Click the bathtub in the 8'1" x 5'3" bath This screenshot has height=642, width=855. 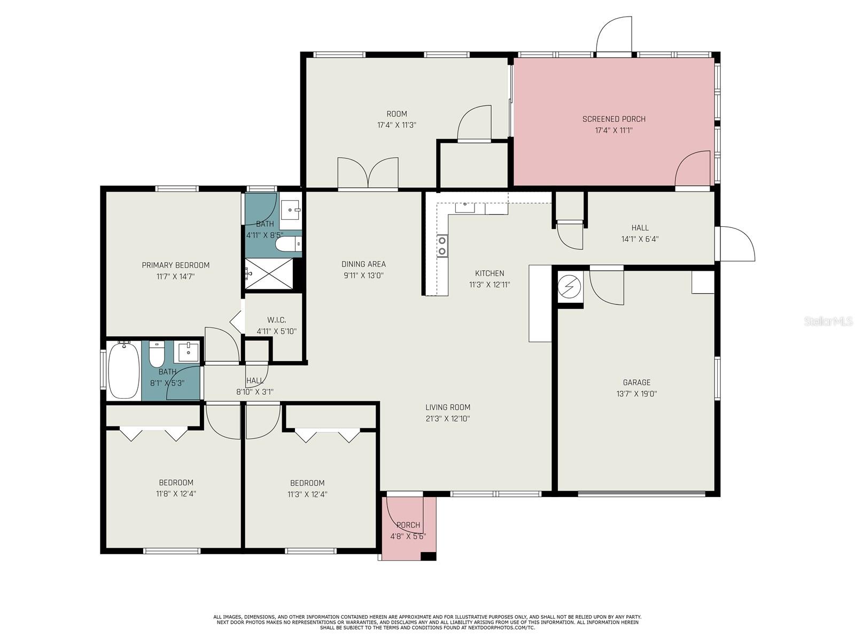124,370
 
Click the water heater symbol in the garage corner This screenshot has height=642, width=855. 570,288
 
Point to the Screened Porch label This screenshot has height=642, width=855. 614,119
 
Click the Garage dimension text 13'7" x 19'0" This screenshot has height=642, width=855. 636,394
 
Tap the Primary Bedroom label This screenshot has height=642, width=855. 175,265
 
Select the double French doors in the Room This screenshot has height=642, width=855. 368,173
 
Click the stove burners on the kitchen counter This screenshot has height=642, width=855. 442,246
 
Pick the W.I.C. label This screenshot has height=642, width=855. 276,320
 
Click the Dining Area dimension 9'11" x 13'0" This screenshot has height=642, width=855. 363,276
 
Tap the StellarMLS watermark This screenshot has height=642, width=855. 828,321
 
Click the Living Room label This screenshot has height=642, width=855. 448,407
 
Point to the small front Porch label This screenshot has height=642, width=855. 408,525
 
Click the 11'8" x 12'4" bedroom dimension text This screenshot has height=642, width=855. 176,494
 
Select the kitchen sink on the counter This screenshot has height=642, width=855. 465,208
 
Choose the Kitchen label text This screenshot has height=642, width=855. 489,273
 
